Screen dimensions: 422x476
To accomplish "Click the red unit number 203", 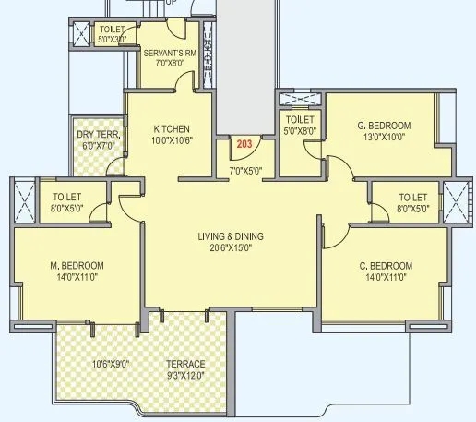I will (244, 144).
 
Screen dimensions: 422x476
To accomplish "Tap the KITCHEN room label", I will (172, 128).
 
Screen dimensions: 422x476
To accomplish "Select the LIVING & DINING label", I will (231, 235).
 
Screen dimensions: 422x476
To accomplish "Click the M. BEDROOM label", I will (77, 266).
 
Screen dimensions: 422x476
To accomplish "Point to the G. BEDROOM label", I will (384, 126).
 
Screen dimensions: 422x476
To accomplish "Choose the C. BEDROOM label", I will (386, 266).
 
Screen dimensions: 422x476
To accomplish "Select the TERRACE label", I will (184, 363).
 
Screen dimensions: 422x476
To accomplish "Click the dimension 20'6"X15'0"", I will (231, 247).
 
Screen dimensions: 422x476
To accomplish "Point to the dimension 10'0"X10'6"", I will (172, 140).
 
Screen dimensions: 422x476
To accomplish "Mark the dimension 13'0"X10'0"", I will (384, 138).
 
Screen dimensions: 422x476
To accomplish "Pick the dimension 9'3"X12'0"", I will (184, 375).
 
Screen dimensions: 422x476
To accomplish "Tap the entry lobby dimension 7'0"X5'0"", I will (245, 170).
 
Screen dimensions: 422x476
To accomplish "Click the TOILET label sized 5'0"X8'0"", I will (301, 120).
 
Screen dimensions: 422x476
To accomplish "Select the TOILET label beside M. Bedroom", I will (67, 197).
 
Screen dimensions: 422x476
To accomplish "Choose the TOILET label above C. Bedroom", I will (412, 197).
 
